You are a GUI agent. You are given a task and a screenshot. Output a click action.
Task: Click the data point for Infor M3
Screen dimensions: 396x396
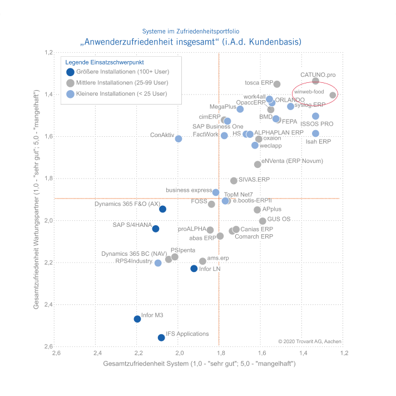coord(137,319)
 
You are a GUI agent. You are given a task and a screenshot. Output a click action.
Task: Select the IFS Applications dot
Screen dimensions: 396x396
coord(161,338)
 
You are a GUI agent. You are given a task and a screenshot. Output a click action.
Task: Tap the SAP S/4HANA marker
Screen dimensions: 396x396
coord(156,229)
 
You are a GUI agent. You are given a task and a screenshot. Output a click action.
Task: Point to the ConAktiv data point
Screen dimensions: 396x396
coord(179,138)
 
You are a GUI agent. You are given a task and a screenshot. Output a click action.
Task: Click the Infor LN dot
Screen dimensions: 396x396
coord(194,268)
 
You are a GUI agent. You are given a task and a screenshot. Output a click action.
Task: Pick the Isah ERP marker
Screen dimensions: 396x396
coord(315,133)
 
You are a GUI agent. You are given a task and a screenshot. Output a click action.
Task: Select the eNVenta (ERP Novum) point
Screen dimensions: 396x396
coord(258,164)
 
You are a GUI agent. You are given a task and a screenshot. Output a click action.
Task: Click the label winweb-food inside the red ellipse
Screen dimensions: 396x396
coord(309,91)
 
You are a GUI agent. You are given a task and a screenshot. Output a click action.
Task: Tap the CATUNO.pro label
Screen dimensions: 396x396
coord(318,75)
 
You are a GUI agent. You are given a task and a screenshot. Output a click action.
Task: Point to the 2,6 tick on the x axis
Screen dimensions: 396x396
coord(56,353)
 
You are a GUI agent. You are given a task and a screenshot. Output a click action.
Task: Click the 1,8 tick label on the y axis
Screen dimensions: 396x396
coord(48,179)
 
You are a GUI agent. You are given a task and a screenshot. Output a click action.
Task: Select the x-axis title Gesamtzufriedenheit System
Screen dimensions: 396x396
coord(199,364)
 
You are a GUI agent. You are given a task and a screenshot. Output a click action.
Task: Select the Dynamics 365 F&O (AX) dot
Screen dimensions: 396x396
coord(163,209)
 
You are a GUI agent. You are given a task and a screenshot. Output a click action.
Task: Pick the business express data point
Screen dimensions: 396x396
coord(216,192)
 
